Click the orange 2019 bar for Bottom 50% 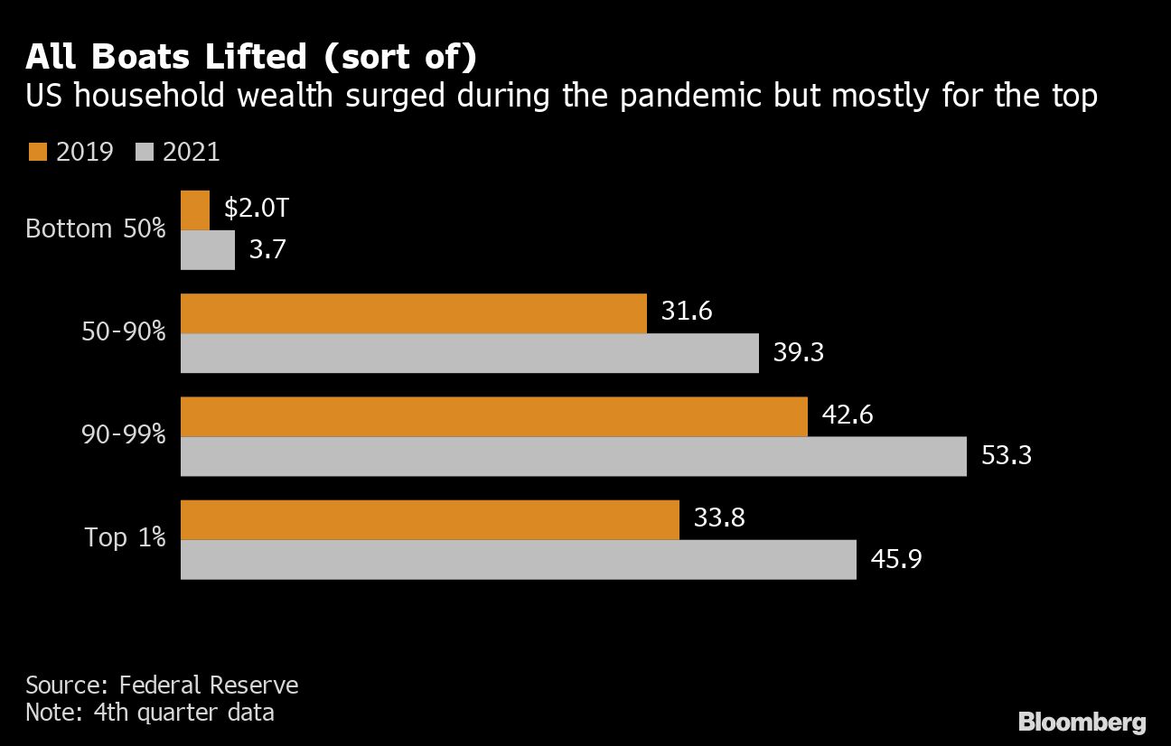(195, 210)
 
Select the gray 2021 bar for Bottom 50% (208, 249)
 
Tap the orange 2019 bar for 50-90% (414, 313)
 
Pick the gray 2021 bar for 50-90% (470, 353)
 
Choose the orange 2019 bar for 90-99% (494, 416)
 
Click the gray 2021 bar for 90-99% (574, 456)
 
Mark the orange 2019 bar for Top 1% (430, 519)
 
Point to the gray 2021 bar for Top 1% (519, 559)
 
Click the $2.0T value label (256, 210)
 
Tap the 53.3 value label (1007, 456)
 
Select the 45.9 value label (896, 559)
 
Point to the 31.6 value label (687, 312)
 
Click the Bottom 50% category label (96, 228)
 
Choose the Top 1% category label (126, 537)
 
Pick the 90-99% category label (123, 435)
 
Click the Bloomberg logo (1082, 723)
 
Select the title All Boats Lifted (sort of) (251, 58)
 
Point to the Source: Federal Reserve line (162, 685)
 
